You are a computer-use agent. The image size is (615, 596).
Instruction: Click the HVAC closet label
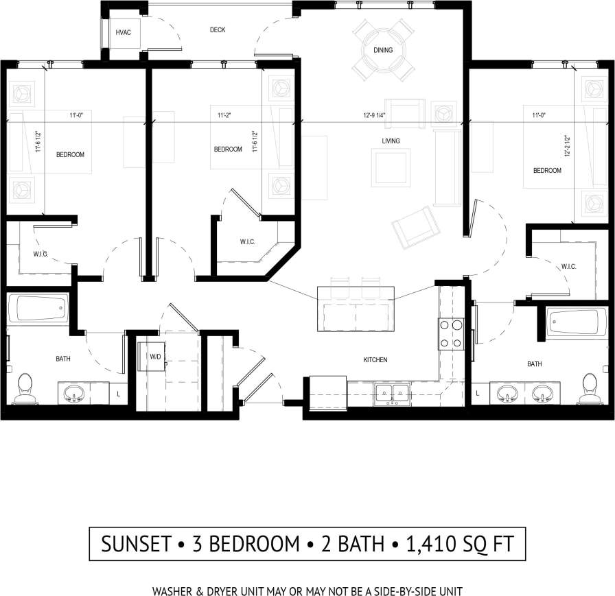tap(124, 32)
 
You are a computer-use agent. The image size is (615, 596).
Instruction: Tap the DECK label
tap(217, 30)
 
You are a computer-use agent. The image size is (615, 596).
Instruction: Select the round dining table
tap(383, 50)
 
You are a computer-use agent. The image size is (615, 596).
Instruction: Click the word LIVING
tap(391, 141)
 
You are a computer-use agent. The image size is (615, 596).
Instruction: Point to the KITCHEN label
tap(375, 359)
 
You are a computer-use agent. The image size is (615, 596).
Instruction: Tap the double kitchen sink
tap(392, 393)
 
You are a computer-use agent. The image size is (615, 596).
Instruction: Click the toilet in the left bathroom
tap(25, 388)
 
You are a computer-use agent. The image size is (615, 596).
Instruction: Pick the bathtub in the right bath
tap(577, 322)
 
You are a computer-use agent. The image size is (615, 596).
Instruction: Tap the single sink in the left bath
tap(74, 394)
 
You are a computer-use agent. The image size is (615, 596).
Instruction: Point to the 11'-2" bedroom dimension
tap(223, 115)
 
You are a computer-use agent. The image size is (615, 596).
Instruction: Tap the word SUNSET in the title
tap(135, 544)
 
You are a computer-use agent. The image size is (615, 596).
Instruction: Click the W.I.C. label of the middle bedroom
tap(248, 241)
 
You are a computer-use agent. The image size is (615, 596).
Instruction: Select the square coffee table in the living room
tap(391, 168)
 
